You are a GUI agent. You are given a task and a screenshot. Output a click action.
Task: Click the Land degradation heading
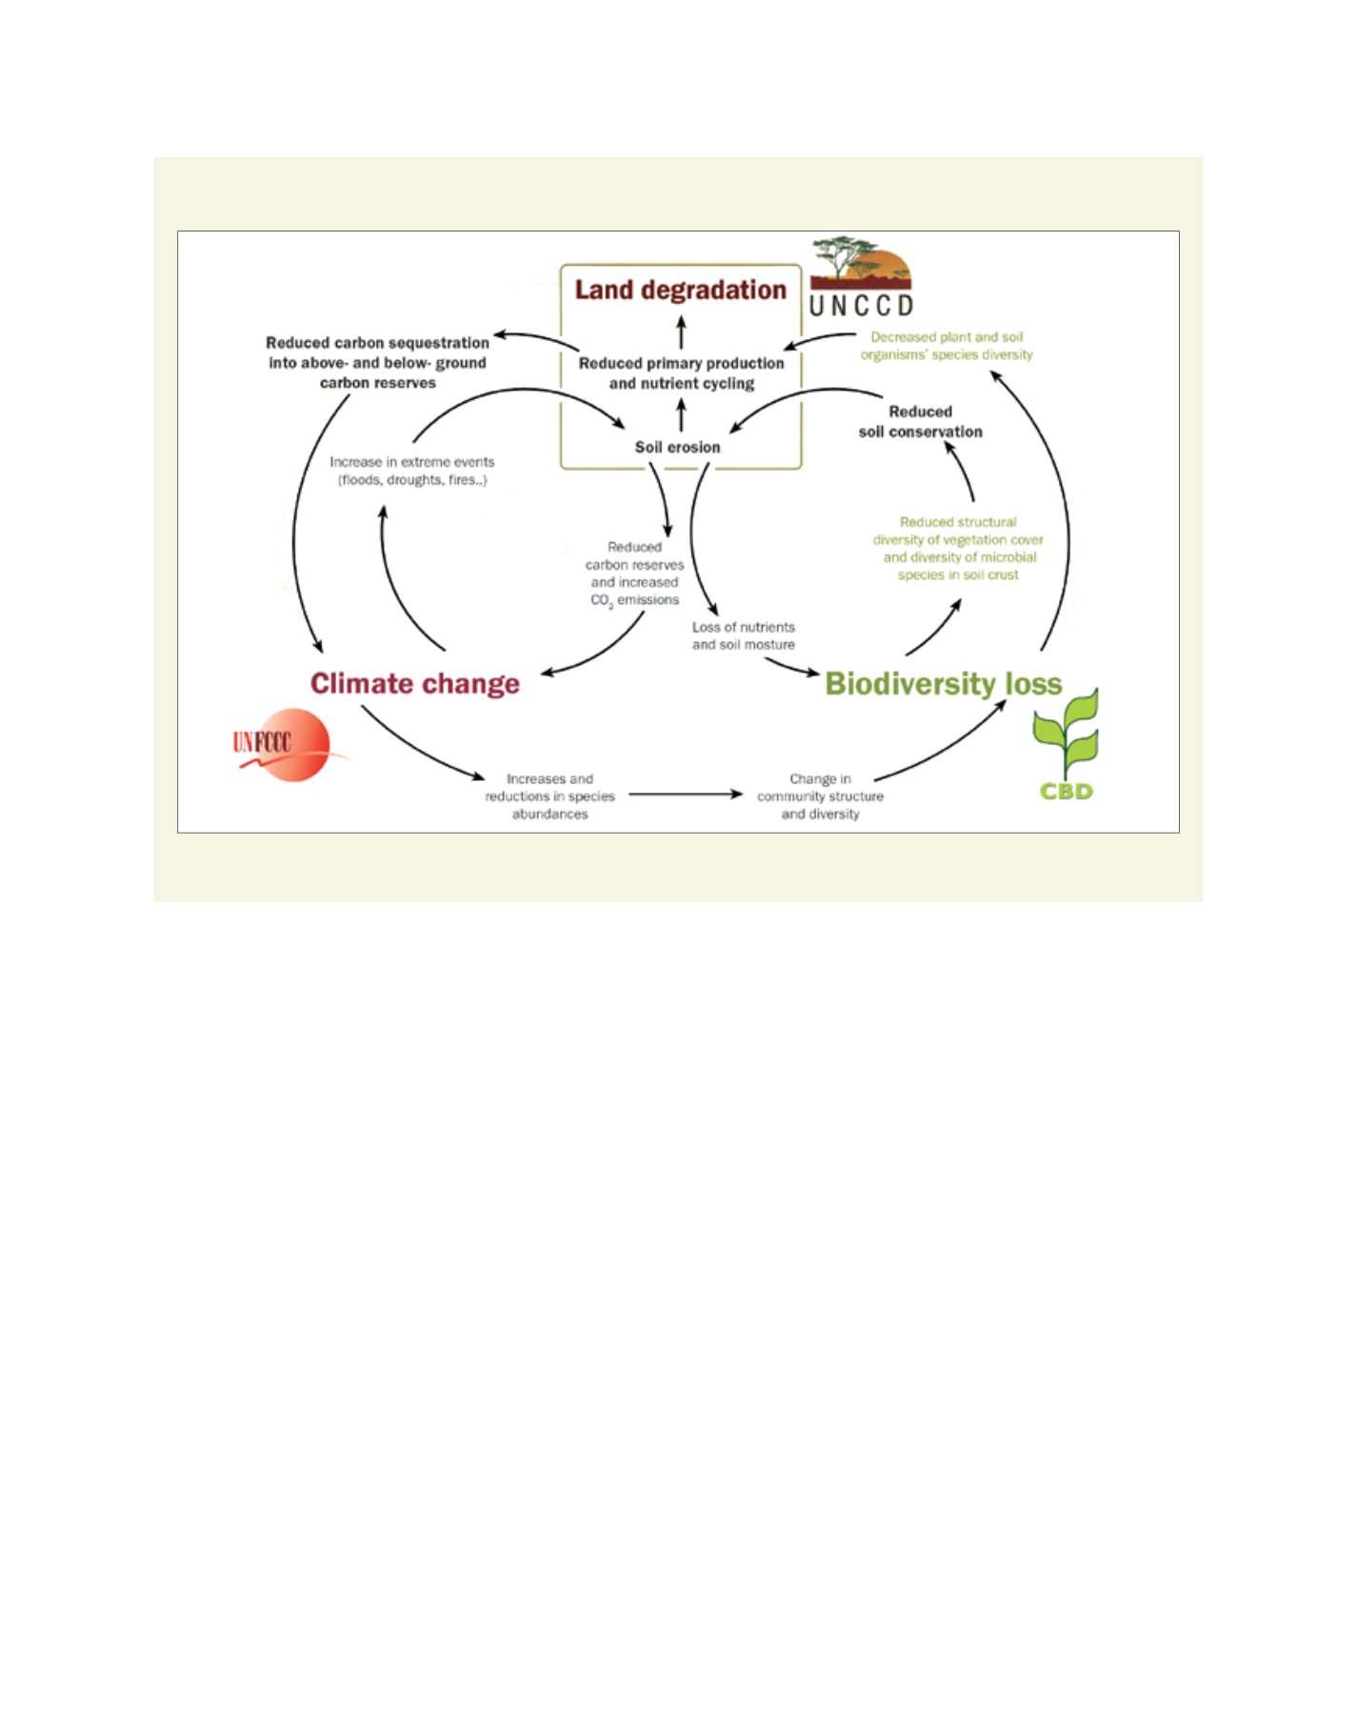tap(680, 290)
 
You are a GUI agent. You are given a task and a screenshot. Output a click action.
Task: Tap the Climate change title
tap(415, 683)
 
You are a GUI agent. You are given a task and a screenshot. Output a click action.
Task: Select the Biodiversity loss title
tap(943, 683)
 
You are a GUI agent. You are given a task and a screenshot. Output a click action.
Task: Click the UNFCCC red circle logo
tap(283, 745)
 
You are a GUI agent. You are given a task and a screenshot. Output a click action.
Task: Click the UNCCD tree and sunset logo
tap(861, 277)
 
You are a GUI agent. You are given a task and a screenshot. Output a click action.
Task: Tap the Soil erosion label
tap(677, 447)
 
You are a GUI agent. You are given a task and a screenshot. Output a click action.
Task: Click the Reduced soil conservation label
tap(920, 421)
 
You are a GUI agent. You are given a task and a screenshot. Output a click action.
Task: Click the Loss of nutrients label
tap(743, 635)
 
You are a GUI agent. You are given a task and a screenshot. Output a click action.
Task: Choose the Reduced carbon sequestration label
tap(377, 362)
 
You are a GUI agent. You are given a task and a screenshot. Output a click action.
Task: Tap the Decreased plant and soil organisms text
tap(947, 346)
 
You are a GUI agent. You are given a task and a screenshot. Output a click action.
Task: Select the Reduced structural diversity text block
tap(958, 549)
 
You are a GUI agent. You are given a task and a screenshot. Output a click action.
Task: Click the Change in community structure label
tap(820, 796)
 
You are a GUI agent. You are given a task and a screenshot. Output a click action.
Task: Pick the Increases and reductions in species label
tap(549, 796)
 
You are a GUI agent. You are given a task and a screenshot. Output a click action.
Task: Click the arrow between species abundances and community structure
tap(686, 794)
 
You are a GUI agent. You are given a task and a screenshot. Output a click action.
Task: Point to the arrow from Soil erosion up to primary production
tap(681, 415)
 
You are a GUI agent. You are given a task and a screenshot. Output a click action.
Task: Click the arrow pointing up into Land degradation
tap(681, 332)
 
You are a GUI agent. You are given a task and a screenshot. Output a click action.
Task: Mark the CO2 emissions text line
tap(635, 600)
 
